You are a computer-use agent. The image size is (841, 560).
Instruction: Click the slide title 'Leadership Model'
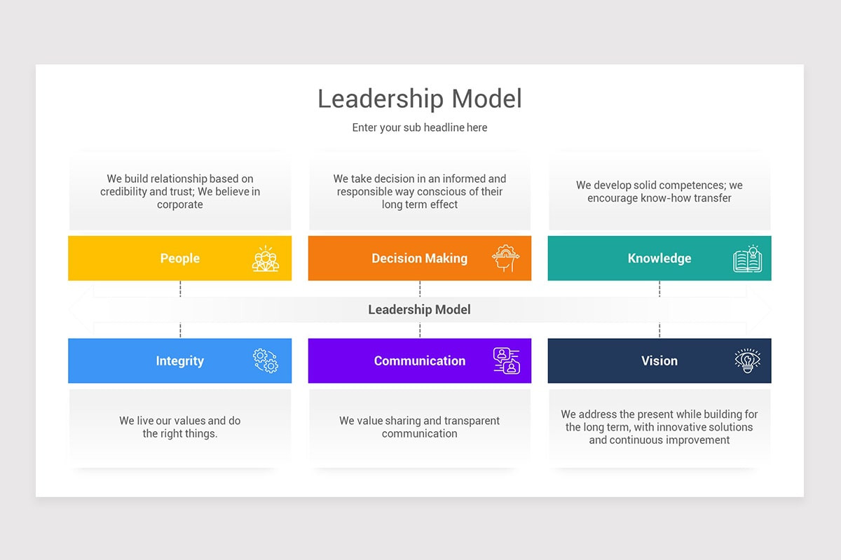coord(420,99)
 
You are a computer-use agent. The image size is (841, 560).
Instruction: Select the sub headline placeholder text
coord(420,127)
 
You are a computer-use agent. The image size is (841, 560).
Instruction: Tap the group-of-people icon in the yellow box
coord(266,258)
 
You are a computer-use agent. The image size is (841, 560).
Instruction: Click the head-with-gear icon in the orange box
coord(505,258)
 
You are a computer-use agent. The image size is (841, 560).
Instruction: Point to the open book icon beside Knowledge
coord(747,258)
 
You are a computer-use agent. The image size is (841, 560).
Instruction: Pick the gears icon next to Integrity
coord(266,360)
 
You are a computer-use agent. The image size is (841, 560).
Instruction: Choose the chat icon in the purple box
coord(506,360)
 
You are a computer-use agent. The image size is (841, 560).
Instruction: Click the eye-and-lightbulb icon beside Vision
coord(747,360)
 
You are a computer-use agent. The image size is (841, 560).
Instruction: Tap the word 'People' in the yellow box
coord(180,258)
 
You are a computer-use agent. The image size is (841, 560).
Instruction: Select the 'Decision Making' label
coord(419,258)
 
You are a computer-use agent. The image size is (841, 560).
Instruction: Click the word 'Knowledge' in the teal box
coord(659,258)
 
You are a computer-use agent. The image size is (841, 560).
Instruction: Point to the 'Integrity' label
coord(180,361)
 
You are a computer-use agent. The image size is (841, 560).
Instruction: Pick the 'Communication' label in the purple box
coord(419,361)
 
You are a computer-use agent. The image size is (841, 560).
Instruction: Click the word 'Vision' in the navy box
coord(659,361)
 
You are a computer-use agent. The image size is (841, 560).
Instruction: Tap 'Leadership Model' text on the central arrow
coord(419,309)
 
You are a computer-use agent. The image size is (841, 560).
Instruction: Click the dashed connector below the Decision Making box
coord(420,288)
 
